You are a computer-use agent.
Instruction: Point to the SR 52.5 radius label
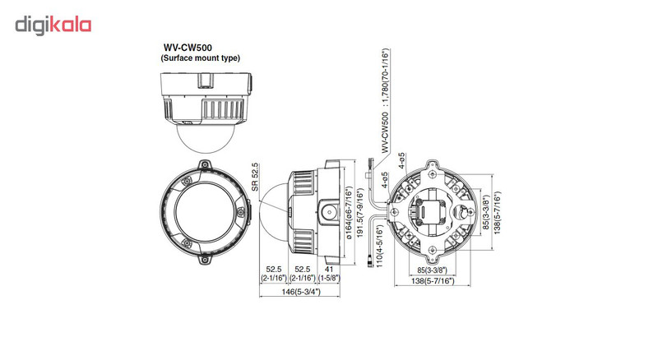[x=257, y=177]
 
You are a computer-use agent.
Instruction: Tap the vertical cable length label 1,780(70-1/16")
[x=384, y=99]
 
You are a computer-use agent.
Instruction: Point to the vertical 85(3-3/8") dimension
[x=486, y=211]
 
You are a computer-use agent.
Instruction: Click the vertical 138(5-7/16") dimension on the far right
[x=498, y=211]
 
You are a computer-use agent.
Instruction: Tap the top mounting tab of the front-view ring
[x=203, y=163]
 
